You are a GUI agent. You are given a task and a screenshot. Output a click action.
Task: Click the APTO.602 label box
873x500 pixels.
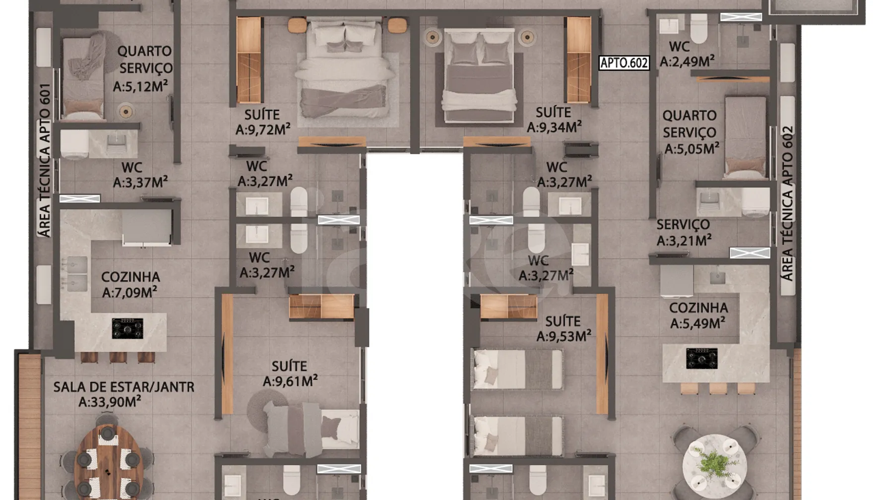(x=624, y=62)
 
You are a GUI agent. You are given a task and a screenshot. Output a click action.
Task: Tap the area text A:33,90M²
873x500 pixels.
(x=110, y=401)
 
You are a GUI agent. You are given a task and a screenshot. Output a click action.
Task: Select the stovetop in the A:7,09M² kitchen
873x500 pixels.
(x=127, y=328)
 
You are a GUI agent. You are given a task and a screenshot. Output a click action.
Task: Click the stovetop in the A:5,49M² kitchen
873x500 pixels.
(x=702, y=358)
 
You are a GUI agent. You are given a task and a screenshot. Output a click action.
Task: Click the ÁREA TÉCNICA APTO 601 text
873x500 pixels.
(x=45, y=160)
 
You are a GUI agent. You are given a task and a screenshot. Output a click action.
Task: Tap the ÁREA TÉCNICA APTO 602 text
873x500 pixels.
(x=787, y=203)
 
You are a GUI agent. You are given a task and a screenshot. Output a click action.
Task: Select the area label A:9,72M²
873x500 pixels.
(x=263, y=129)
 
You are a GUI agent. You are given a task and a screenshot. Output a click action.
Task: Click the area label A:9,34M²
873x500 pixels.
(x=554, y=127)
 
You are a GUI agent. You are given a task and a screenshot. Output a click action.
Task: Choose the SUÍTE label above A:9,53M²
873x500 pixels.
(x=563, y=321)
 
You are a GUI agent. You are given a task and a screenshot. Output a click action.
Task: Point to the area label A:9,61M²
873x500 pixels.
(x=290, y=381)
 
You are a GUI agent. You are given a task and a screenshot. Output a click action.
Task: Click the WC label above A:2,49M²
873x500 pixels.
(x=679, y=46)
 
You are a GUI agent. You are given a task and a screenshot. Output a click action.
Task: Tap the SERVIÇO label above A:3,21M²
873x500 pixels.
(x=683, y=224)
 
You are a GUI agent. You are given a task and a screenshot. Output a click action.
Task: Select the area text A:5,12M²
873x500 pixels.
(x=140, y=86)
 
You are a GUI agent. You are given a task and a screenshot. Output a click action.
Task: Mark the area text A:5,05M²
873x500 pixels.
(x=692, y=148)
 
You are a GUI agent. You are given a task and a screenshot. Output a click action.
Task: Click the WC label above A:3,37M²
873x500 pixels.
(x=131, y=168)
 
